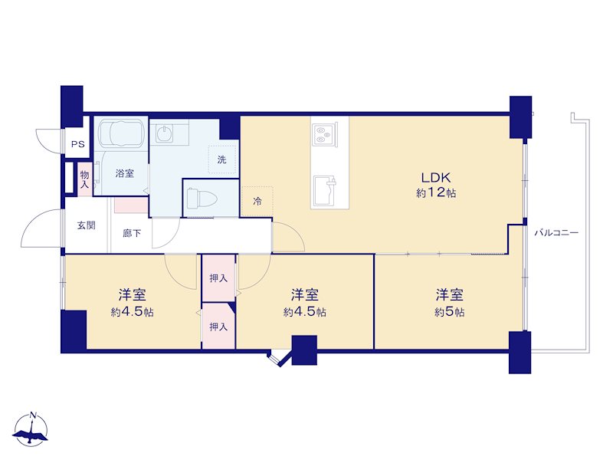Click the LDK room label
tap(436, 178)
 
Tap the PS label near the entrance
tap(78, 144)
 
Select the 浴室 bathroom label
tap(125, 173)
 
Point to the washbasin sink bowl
tap(164, 133)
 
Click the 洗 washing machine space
tap(222, 159)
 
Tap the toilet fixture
tap(202, 199)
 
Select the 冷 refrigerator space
tap(257, 201)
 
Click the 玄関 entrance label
tap(86, 225)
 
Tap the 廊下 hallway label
tap(132, 234)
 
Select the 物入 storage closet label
tap(84, 179)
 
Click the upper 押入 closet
tap(218, 278)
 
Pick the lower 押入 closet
tap(218, 326)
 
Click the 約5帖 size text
tap(450, 312)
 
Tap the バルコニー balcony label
tap(556, 233)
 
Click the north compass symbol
tap(31, 429)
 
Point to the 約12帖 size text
tap(436, 193)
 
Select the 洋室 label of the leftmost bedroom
tap(132, 294)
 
